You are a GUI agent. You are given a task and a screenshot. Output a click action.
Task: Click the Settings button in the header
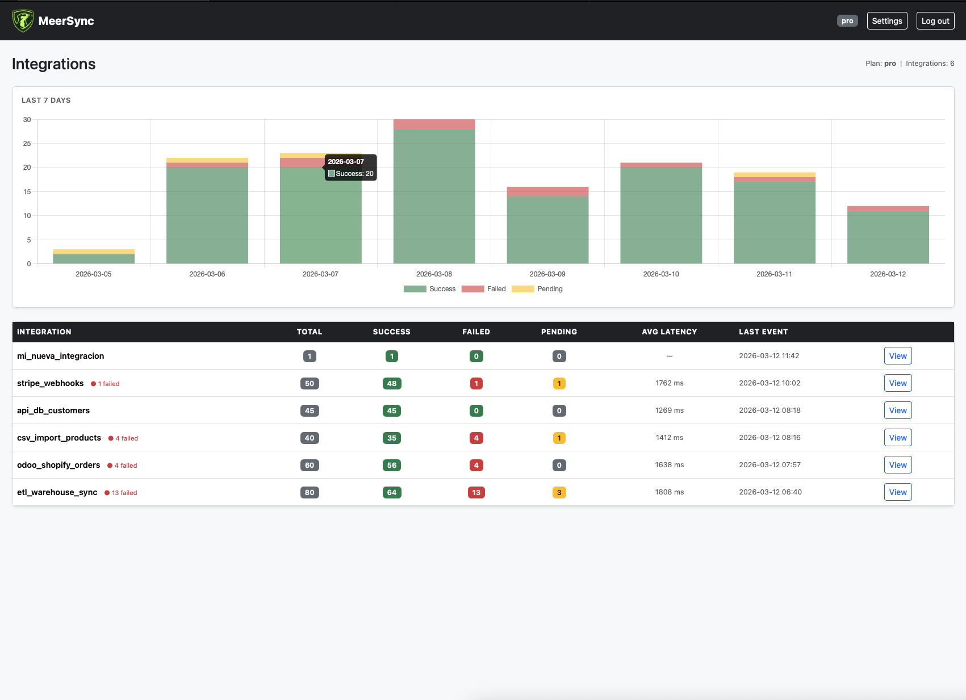click(886, 21)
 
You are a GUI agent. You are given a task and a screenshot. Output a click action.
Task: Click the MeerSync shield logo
click(23, 21)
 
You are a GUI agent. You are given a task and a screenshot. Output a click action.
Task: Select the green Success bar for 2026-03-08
click(434, 196)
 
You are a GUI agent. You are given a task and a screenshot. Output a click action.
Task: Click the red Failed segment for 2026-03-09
click(547, 191)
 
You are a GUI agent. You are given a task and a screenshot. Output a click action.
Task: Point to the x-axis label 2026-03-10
click(660, 274)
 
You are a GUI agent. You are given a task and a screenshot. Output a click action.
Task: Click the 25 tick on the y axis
click(27, 144)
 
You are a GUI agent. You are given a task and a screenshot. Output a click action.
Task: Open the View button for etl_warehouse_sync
click(897, 492)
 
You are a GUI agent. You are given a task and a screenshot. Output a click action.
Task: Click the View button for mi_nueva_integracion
click(897, 356)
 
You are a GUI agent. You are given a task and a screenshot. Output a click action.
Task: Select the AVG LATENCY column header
click(669, 332)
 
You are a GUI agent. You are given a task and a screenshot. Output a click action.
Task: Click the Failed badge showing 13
click(476, 492)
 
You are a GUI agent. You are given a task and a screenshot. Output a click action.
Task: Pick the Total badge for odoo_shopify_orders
click(310, 465)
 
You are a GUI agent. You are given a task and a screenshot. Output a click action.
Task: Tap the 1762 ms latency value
click(669, 383)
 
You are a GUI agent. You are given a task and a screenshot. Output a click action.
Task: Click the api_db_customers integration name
click(53, 410)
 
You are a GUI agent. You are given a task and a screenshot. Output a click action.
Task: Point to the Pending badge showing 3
click(559, 492)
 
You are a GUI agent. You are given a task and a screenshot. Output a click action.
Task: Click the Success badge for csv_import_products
click(392, 438)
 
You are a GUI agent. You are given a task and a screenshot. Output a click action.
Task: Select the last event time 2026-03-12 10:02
click(770, 383)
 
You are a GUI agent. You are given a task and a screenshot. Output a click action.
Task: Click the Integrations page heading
click(54, 64)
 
